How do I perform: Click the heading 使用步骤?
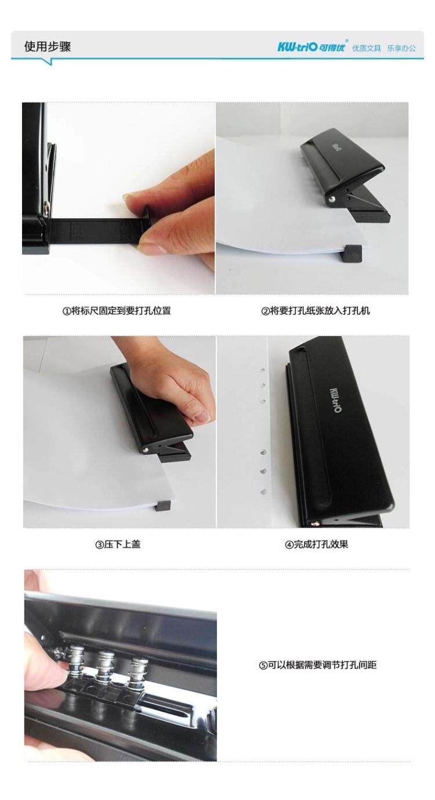[48, 46]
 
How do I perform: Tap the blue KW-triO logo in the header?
[311, 47]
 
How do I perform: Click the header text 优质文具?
[367, 48]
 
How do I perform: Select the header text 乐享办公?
[401, 48]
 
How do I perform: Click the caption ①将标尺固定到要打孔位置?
[117, 311]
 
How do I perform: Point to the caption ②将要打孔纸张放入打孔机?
[316, 311]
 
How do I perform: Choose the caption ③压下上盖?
[118, 545]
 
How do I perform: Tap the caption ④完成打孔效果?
[316, 545]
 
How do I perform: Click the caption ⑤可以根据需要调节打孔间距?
[318, 665]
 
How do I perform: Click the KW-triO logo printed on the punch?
[335, 399]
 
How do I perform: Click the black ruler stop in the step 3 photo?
[164, 505]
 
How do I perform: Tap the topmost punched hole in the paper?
[262, 368]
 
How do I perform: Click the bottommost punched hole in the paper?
[264, 492]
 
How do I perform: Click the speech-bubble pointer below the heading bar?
[50, 62]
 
